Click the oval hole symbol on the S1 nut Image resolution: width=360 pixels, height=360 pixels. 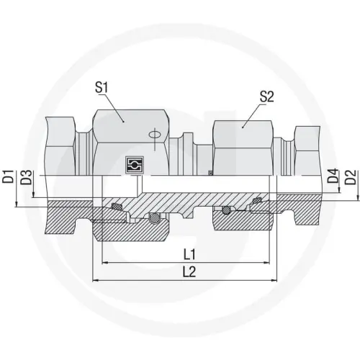[153, 133]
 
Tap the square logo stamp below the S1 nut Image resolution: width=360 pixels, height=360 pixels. [131, 163]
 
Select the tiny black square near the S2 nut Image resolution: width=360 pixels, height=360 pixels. [210, 172]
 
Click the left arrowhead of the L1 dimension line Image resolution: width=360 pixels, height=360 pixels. [106, 262]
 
